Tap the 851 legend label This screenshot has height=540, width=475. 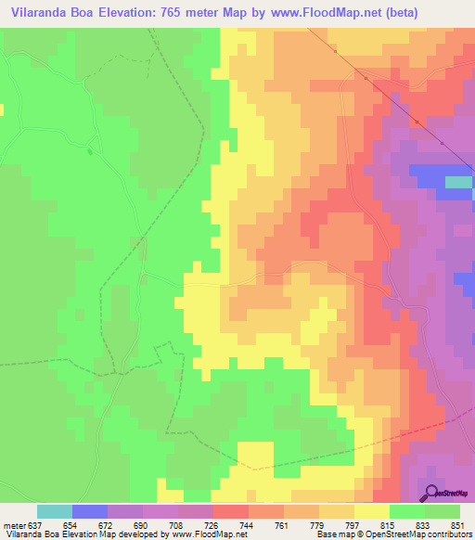[458, 525]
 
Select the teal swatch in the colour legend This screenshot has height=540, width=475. [55, 511]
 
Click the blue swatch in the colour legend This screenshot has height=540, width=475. [90, 511]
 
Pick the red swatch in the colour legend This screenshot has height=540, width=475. [231, 511]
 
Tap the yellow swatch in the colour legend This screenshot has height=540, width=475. [372, 511]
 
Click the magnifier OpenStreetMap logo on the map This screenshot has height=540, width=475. [431, 492]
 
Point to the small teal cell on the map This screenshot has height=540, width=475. [458, 182]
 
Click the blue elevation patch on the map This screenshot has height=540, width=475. [429, 177]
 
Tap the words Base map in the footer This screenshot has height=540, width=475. [332, 535]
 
